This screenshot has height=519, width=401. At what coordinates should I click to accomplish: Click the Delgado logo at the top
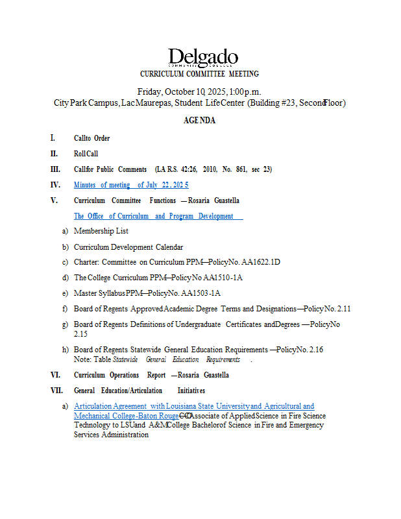tap(202, 58)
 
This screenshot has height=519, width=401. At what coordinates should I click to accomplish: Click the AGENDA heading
tap(199, 121)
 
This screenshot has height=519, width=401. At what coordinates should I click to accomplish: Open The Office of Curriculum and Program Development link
tap(158, 216)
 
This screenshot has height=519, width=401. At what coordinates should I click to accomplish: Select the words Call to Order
tap(91, 138)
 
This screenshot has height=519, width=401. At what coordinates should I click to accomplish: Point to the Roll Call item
tap(86, 154)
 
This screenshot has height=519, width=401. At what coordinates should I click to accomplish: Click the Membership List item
tap(101, 231)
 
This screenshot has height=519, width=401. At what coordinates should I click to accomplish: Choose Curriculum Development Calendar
tap(128, 247)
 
